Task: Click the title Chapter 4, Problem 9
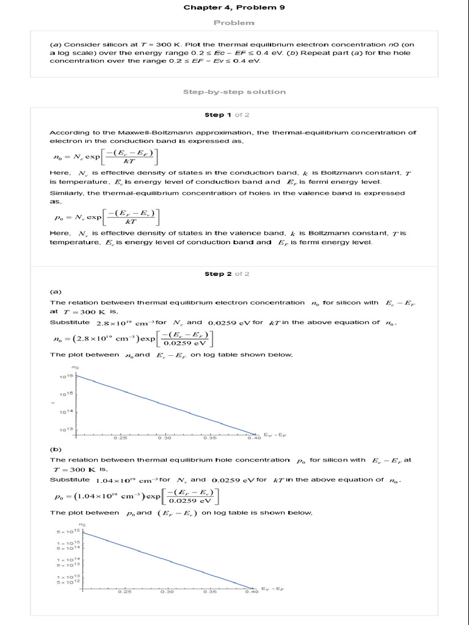234,7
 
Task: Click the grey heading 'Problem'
234,23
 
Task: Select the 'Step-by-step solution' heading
234,92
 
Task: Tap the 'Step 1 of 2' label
227,115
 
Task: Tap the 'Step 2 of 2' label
227,274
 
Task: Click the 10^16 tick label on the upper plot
66,377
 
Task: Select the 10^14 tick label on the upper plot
66,412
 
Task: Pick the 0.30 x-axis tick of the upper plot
164,438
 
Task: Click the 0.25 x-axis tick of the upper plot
120,438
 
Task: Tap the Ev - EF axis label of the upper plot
274,435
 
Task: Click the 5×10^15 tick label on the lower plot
69,532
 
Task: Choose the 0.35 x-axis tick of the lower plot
209,591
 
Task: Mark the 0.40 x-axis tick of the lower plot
251,591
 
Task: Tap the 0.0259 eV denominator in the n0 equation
186,343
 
